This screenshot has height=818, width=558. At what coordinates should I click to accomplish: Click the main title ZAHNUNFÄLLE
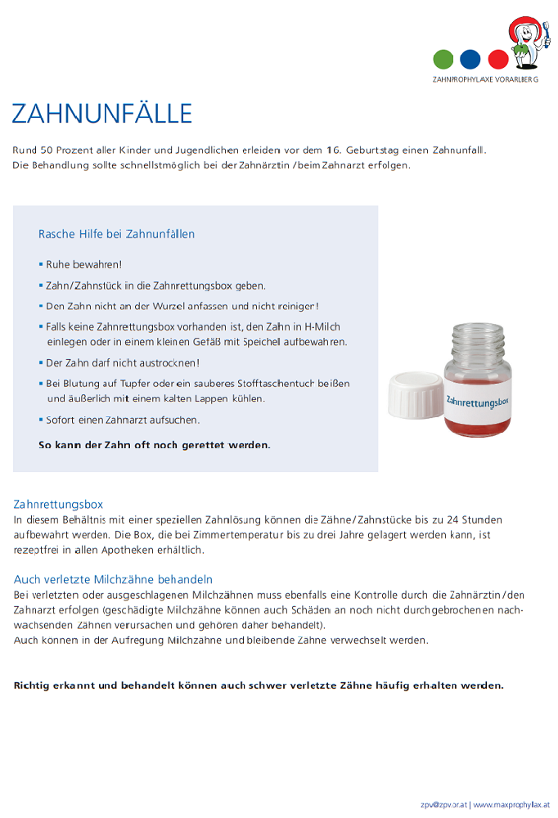click(x=101, y=113)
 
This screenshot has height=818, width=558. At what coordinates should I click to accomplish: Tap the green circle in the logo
click(x=443, y=60)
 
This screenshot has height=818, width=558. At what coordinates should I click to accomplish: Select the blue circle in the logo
click(x=470, y=60)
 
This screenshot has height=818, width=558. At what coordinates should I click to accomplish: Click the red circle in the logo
click(x=497, y=60)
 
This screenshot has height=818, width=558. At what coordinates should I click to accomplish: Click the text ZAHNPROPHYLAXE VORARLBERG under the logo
click(x=485, y=80)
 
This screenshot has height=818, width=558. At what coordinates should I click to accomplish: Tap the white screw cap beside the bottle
click(x=414, y=396)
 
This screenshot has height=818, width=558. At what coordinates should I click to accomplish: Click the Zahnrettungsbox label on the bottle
click(x=478, y=400)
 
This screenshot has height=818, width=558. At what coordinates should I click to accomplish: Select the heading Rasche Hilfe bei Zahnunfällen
click(x=116, y=234)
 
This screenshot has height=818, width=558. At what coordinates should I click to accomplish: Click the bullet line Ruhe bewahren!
click(x=83, y=265)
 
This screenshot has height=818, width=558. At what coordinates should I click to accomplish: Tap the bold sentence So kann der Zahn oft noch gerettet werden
click(x=154, y=446)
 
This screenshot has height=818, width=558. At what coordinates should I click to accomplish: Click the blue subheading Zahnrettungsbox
click(x=58, y=504)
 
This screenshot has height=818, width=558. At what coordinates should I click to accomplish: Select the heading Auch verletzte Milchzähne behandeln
click(x=113, y=579)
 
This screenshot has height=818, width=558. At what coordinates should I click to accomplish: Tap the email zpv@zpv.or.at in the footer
click(x=443, y=805)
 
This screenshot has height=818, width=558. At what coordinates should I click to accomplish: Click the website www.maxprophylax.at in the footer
click(x=511, y=805)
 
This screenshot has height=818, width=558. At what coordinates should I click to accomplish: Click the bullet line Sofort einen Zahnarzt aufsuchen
click(x=123, y=420)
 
